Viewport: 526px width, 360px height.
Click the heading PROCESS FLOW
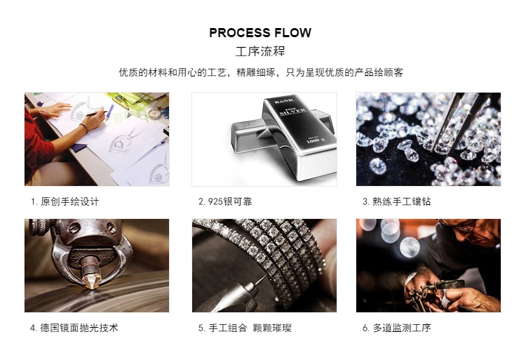click(260, 32)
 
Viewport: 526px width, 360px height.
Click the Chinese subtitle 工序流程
click(260, 52)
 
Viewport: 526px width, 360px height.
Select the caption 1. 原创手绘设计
click(65, 201)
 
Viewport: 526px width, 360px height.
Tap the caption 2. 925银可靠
click(225, 201)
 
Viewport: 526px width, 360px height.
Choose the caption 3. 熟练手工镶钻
click(396, 201)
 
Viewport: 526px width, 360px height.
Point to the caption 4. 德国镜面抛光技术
click(74, 328)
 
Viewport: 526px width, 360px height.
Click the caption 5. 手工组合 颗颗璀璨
click(245, 328)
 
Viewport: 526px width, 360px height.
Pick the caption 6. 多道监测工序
click(396, 328)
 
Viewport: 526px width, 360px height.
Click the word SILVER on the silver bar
click(292, 112)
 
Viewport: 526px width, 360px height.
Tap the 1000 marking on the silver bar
click(313, 141)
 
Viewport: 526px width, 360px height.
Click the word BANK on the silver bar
click(284, 100)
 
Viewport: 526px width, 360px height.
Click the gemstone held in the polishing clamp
click(90, 281)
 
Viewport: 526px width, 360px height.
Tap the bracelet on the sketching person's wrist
click(84, 128)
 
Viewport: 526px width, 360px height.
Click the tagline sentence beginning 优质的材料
click(261, 72)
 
